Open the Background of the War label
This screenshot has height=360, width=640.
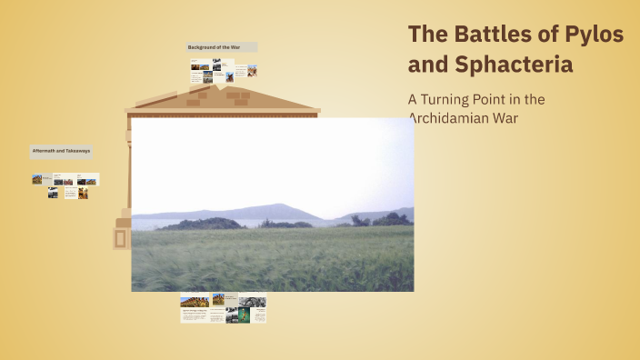[221, 46]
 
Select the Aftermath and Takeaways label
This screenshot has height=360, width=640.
[61, 150]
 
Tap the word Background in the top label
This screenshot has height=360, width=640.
[203, 46]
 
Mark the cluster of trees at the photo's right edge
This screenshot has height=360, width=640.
[392, 219]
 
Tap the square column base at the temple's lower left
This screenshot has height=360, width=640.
[121, 239]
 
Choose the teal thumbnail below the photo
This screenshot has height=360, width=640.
[244, 316]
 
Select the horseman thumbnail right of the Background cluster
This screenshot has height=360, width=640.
[252, 70]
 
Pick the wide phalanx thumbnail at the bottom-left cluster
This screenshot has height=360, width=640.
[194, 302]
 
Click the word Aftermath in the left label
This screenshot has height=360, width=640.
[42, 150]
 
